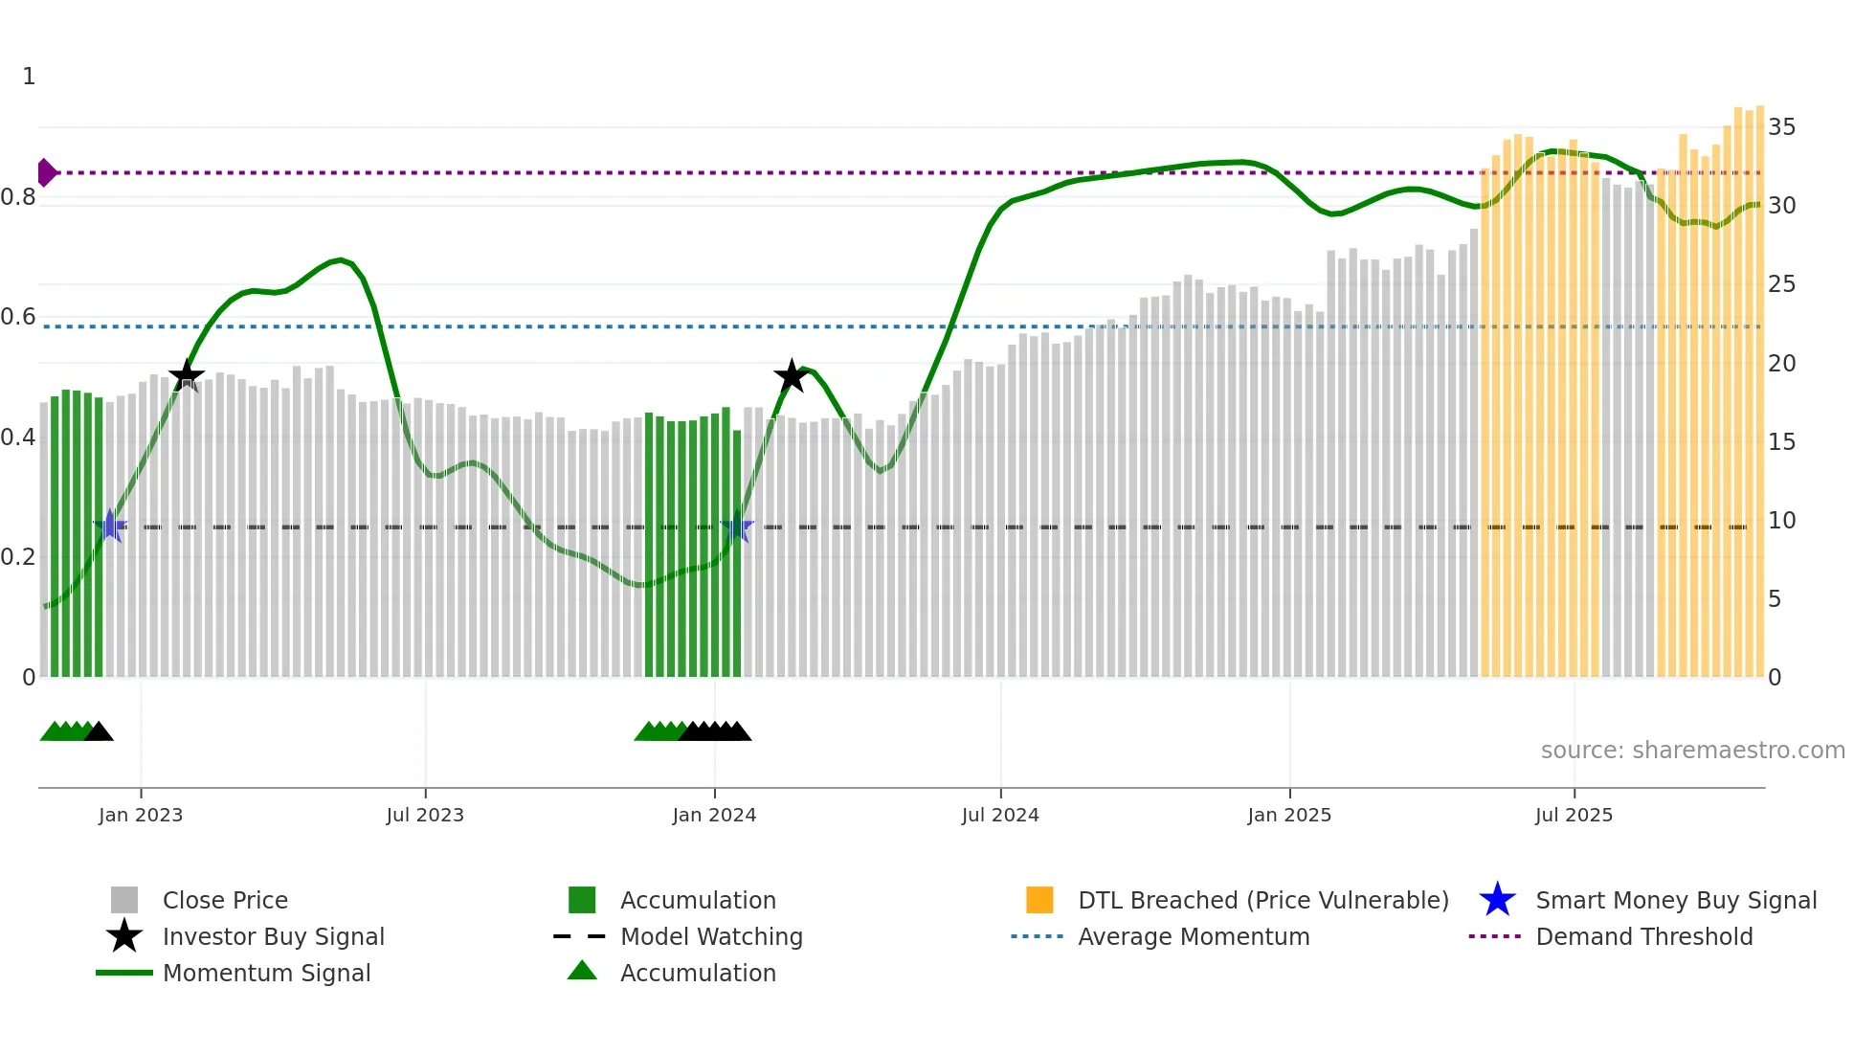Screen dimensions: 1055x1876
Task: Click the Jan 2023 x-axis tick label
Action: [x=141, y=816]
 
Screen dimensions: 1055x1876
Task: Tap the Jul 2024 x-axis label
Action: [x=1000, y=816]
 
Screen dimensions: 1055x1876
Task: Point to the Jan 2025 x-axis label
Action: [x=1289, y=816]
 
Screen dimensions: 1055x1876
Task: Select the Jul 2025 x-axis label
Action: [x=1574, y=816]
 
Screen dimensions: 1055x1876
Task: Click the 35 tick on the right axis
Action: [x=1781, y=127]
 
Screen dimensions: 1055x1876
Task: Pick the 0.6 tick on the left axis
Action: [x=18, y=317]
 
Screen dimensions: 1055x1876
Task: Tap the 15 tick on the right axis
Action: [x=1781, y=442]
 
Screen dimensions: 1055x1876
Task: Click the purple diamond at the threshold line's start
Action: [x=46, y=172]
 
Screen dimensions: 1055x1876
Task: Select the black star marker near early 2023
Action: [x=187, y=375]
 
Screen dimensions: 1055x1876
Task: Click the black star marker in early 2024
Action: [x=791, y=377]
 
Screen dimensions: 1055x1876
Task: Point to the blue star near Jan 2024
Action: [x=736, y=527]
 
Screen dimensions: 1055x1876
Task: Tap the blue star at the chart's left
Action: [x=110, y=526]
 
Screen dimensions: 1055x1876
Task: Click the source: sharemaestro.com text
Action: [x=1692, y=751]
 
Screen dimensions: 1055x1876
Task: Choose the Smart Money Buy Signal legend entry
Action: [x=1675, y=901]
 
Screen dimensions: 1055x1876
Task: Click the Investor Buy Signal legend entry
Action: [x=273, y=937]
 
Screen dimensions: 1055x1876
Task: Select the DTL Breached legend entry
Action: [x=1262, y=901]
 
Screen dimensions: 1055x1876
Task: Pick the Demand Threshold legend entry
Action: [x=1643, y=937]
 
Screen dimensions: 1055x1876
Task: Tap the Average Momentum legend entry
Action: [x=1193, y=937]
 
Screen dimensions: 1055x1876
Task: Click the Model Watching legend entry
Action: [x=710, y=937]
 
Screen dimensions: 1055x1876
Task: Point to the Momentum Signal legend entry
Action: [x=265, y=974]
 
